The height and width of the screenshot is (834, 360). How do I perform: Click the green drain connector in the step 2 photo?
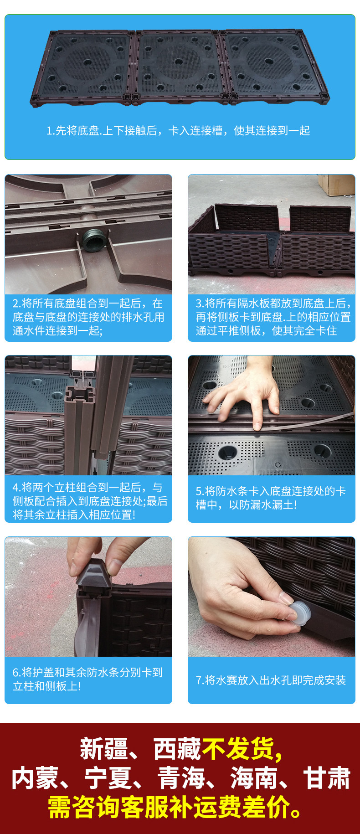94,241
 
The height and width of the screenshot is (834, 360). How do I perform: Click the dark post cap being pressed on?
94,570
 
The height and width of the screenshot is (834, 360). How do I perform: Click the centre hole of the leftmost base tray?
87,62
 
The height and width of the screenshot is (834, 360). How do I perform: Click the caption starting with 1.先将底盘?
179,131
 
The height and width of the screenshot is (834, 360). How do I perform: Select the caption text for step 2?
88,317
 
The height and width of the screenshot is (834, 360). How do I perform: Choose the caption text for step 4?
90,501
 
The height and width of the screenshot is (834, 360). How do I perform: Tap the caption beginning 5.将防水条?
271,498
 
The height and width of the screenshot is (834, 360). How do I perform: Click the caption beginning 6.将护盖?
87,679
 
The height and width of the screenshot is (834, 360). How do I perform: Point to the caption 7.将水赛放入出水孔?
271,680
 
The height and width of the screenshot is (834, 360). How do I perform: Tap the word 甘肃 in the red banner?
327,778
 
